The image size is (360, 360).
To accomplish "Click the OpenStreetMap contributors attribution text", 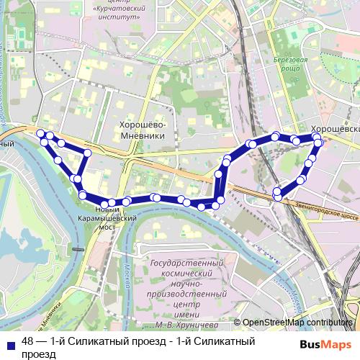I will (x=298, y=323).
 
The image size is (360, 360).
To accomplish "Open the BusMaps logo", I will (x=326, y=343).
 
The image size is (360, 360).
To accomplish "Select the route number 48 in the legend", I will (x=28, y=341).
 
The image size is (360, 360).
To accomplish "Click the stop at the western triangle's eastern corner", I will (x=87, y=153).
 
